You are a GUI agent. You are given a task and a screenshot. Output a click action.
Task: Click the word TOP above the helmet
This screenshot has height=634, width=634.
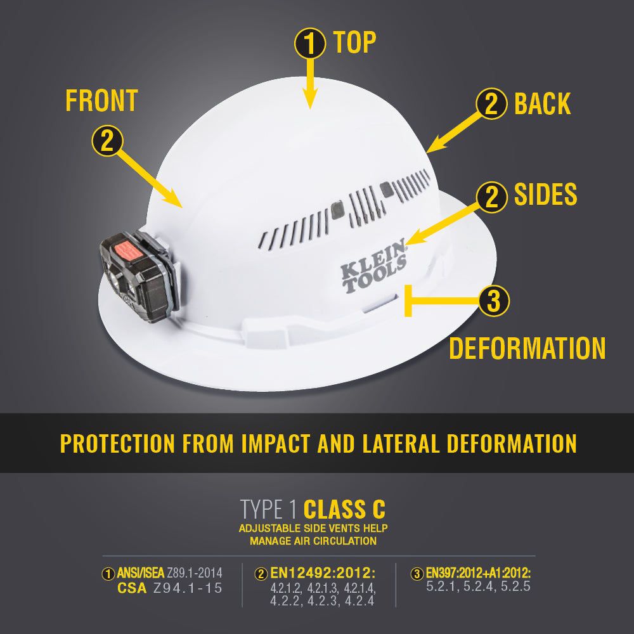354,42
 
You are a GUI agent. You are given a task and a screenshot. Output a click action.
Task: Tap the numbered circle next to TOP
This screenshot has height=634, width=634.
310,43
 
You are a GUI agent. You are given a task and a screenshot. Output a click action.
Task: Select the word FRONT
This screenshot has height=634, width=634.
102,101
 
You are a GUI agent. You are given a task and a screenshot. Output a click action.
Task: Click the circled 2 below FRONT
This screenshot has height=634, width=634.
107,140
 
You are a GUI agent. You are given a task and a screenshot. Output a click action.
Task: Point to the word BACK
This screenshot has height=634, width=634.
542,104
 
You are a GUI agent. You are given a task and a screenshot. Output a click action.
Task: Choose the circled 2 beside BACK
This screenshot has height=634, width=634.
491,105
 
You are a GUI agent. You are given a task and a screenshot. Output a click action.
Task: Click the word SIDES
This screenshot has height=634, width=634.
545,195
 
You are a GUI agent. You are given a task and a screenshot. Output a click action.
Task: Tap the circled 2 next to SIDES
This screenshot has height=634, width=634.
491,197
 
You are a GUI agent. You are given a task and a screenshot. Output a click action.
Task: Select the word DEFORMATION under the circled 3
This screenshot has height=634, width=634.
527,348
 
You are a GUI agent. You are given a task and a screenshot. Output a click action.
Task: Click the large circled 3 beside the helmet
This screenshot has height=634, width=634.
493,301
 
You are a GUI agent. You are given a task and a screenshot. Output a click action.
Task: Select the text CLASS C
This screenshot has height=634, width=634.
344,509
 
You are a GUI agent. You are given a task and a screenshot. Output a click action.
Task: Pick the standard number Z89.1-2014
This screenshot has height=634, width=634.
195,574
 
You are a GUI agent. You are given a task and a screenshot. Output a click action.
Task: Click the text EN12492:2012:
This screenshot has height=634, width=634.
322,574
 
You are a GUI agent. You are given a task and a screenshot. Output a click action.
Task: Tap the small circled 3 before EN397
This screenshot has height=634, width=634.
417,574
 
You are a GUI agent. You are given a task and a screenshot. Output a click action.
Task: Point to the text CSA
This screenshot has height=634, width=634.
133,588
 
